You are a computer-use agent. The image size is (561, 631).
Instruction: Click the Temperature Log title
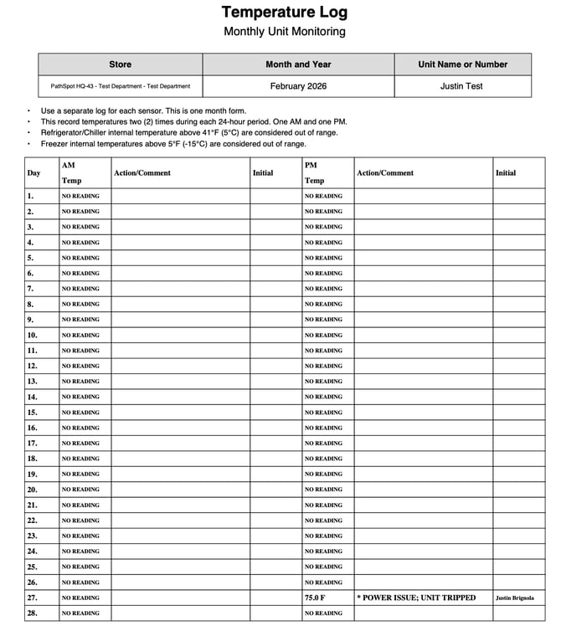(284, 13)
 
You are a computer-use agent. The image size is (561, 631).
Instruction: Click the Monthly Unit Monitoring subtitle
(284, 32)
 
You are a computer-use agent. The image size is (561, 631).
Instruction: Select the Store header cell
(120, 64)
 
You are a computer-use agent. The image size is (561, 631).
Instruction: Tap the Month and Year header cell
(298, 64)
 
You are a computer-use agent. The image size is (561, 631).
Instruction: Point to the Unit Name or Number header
(462, 64)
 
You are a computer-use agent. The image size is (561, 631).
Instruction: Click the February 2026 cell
(298, 86)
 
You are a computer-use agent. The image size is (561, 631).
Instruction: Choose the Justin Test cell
(462, 86)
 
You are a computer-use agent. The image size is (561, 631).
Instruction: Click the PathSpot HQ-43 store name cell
(120, 86)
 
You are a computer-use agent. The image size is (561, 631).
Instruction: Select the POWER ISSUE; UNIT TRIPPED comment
(416, 598)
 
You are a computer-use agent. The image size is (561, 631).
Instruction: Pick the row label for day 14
(33, 397)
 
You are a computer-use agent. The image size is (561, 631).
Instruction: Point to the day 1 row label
(31, 196)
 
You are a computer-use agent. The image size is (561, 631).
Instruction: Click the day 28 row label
(33, 613)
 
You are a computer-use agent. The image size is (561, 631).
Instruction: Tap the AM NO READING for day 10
(80, 335)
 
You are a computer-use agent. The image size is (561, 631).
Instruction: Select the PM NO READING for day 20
(323, 490)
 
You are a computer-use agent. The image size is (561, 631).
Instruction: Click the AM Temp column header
(72, 172)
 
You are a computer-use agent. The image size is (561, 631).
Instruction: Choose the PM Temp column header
(315, 172)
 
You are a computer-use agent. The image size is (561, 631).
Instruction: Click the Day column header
(33, 173)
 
